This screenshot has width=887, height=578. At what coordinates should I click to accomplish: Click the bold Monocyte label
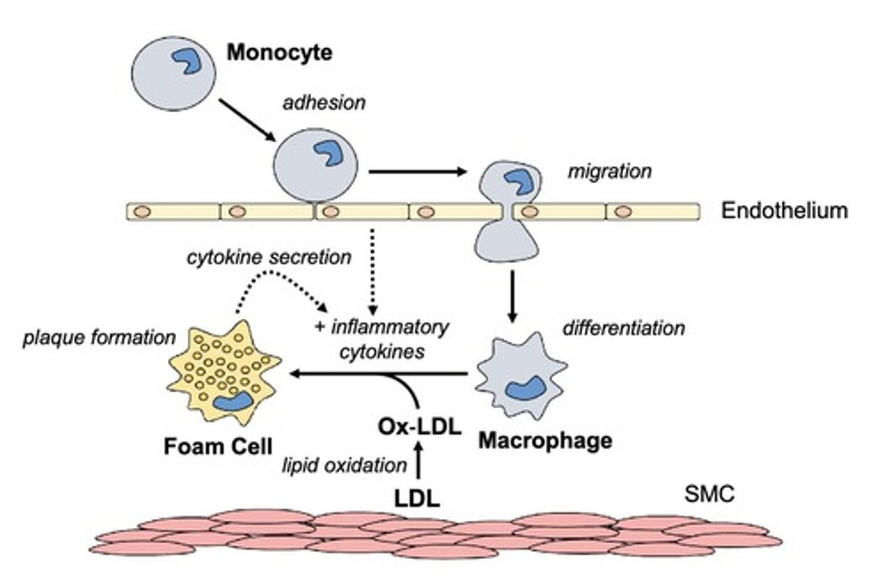point(279,52)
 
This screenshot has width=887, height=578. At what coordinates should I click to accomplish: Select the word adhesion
point(324,102)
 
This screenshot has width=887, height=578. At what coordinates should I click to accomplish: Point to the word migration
point(609,171)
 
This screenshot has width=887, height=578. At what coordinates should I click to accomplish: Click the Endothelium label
point(784,211)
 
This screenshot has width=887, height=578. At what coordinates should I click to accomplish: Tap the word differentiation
point(623,328)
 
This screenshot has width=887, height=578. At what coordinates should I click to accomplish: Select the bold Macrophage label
point(545,441)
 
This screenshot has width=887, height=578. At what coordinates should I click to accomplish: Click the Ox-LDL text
point(419,426)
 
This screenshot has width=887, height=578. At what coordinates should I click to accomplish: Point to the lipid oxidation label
point(344,465)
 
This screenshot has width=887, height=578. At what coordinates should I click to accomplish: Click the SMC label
point(709,494)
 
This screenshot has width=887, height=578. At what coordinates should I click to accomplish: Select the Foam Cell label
point(218,446)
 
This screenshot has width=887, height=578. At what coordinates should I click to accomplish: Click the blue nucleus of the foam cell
point(233,401)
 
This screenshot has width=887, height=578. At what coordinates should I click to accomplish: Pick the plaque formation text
point(99,338)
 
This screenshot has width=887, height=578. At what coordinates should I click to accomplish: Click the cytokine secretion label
point(269,257)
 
